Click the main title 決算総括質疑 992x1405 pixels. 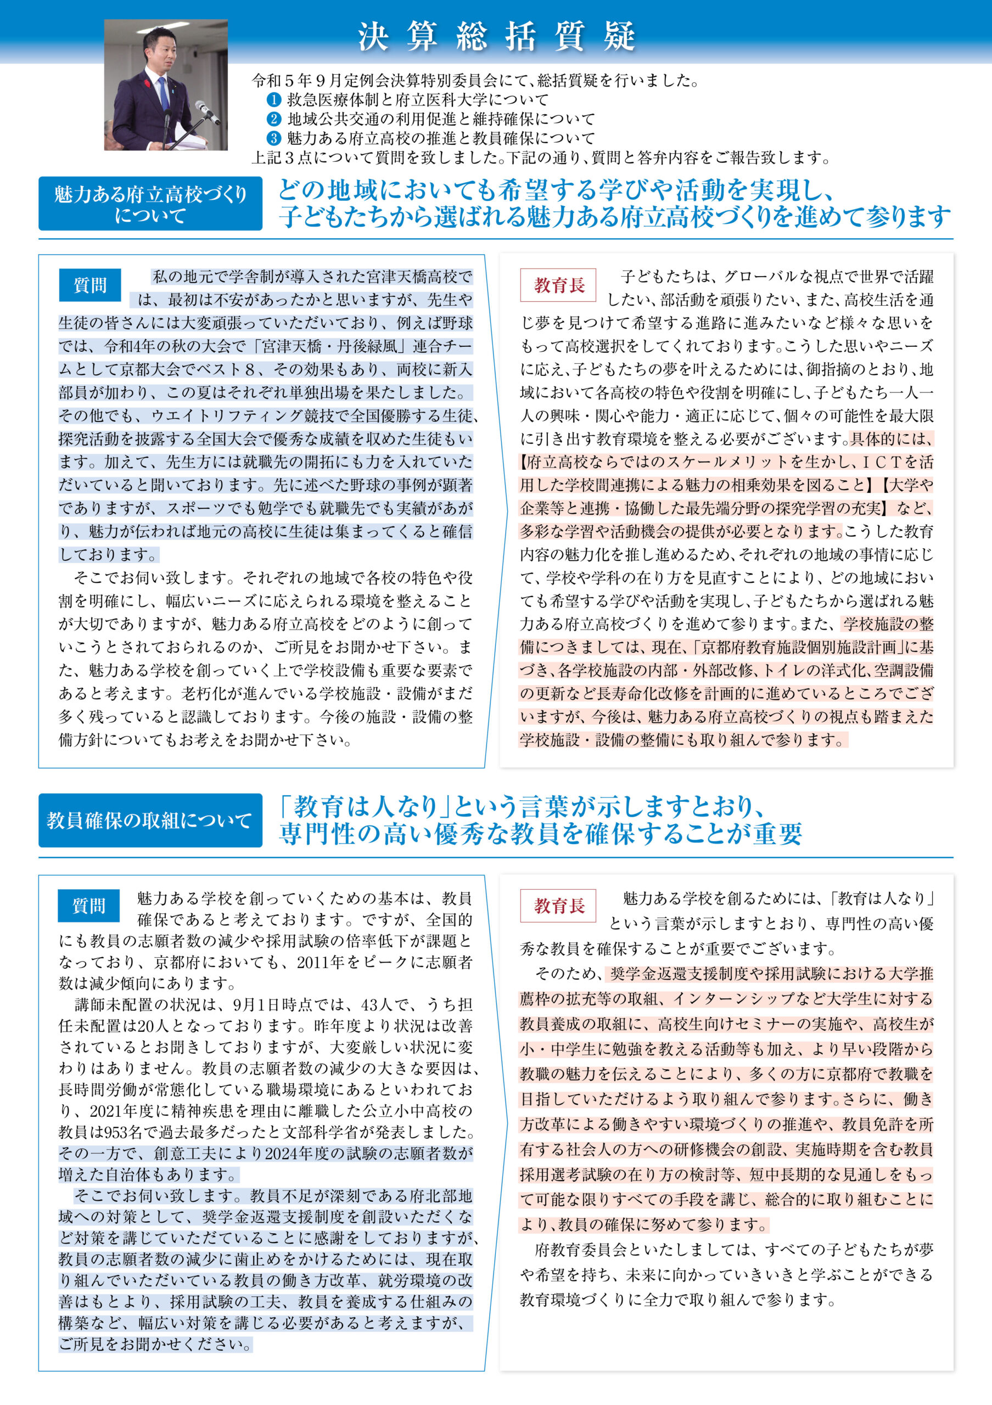(x=496, y=36)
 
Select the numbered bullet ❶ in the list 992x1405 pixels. (x=273, y=99)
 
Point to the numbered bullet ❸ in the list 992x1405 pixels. (x=273, y=138)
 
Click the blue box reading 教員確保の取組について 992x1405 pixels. (x=150, y=820)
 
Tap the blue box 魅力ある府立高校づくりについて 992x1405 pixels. (x=150, y=204)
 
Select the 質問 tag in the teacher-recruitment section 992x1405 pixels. (x=89, y=906)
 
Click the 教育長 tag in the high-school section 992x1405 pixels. (x=558, y=285)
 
